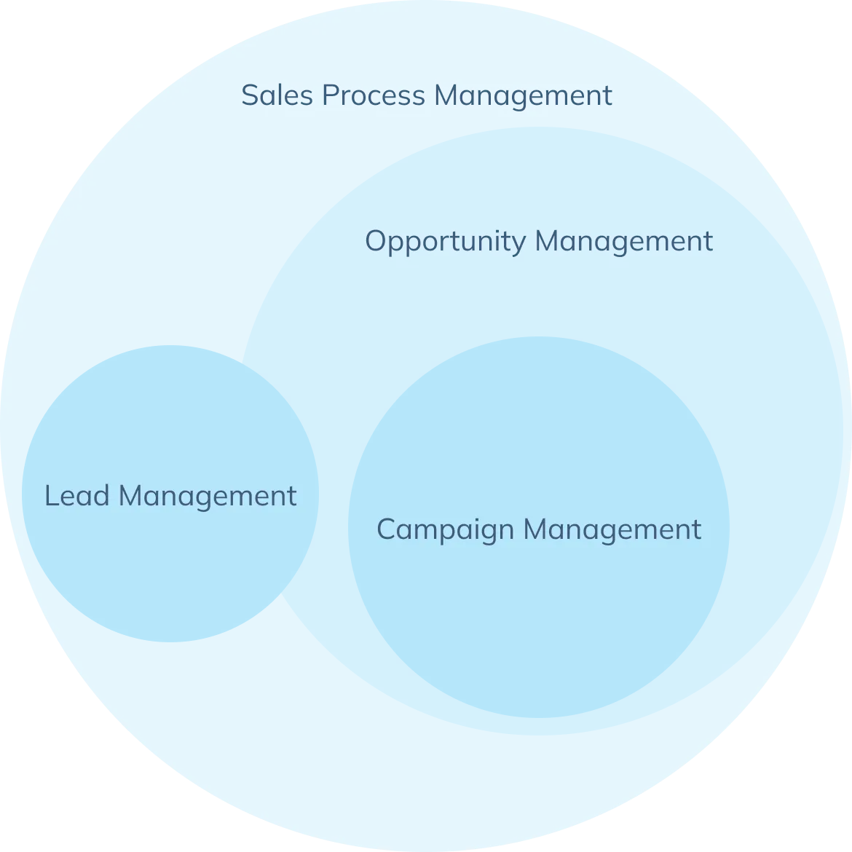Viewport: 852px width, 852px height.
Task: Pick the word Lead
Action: coord(77,496)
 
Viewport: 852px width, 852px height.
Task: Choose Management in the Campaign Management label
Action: coord(612,530)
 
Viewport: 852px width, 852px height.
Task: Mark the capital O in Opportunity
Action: coord(376,241)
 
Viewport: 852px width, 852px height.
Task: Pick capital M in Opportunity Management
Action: coord(548,241)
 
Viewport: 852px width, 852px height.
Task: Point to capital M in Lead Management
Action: coord(131,496)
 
